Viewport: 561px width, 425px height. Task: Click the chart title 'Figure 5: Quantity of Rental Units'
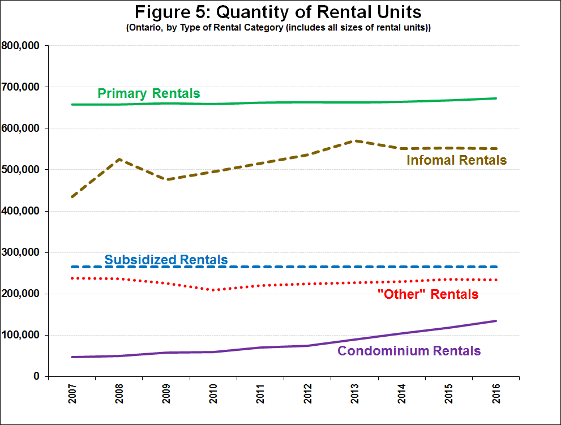278,11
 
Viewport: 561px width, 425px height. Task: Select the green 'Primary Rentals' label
149,93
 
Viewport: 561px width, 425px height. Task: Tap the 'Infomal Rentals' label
456,160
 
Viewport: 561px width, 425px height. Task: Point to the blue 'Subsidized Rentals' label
166,260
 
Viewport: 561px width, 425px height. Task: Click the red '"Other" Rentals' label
427,294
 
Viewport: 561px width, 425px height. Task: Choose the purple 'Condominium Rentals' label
409,351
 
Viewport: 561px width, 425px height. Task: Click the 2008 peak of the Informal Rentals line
119,159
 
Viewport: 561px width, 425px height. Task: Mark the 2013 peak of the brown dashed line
355,140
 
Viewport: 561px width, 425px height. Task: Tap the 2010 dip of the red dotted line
213,290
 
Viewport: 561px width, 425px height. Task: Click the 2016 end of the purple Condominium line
496,321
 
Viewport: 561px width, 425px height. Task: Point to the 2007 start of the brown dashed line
72,197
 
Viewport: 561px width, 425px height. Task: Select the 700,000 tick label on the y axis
23,87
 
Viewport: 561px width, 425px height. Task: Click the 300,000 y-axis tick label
23,252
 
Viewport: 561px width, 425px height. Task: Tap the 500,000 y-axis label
23,170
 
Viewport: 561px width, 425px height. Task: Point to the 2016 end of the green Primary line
496,98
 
